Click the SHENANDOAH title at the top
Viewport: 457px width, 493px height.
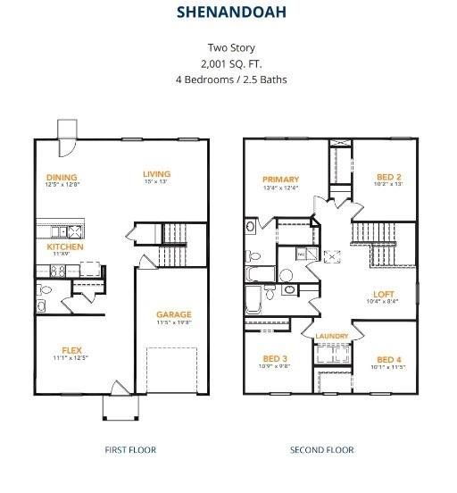point(230,13)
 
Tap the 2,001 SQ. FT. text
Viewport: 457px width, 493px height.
point(230,64)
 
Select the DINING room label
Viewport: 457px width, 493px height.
point(62,177)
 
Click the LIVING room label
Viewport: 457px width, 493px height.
point(157,173)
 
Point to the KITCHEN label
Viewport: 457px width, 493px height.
point(65,246)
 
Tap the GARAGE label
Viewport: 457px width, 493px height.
point(174,314)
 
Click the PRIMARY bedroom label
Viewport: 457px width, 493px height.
point(280,180)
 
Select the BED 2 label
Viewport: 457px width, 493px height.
point(388,176)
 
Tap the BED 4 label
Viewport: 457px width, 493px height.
point(390,357)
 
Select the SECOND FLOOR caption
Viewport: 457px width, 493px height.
point(321,450)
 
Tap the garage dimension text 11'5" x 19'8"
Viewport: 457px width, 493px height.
point(174,322)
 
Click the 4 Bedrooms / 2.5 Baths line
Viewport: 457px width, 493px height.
point(230,79)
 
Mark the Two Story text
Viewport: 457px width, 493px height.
point(230,48)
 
